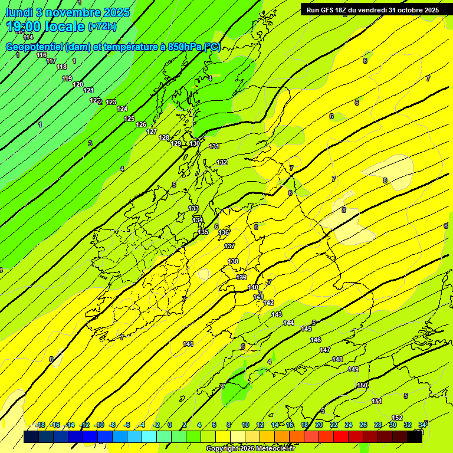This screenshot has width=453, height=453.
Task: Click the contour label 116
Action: click(x=41, y=55)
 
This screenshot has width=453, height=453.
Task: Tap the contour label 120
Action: click(x=78, y=84)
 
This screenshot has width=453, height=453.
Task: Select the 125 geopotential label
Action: click(x=129, y=119)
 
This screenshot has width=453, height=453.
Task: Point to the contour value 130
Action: click(x=195, y=143)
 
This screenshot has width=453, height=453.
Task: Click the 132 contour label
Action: click(x=222, y=162)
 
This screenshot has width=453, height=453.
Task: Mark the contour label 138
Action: click(x=234, y=261)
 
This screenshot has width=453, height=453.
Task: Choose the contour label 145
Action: click(x=306, y=329)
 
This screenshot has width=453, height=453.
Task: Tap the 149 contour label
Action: click(x=353, y=369)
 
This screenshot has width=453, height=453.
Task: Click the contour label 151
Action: click(x=377, y=401)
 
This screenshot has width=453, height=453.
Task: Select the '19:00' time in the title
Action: click(x=24, y=27)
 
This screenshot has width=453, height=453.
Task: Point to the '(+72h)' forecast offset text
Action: click(x=103, y=27)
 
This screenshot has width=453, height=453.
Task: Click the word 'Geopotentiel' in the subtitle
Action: click(x=35, y=47)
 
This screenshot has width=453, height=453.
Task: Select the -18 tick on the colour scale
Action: click(x=40, y=425)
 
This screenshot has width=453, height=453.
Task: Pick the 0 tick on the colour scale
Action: click(x=170, y=425)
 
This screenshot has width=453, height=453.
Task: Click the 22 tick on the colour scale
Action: click(x=334, y=425)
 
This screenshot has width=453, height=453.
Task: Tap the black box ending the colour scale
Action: click(x=415, y=436)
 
